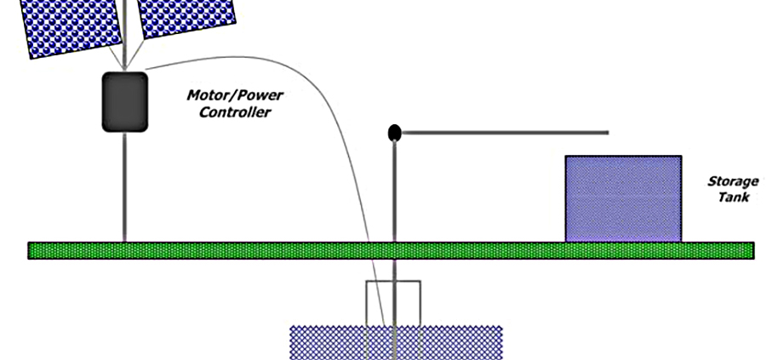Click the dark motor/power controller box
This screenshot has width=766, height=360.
124,102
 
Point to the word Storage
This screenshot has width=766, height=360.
732,181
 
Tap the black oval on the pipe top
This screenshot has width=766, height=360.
394,133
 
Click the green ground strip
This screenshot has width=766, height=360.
255,250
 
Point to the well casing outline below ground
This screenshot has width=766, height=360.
368,302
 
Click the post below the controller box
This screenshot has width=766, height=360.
124,187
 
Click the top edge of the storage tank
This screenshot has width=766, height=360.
623,157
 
